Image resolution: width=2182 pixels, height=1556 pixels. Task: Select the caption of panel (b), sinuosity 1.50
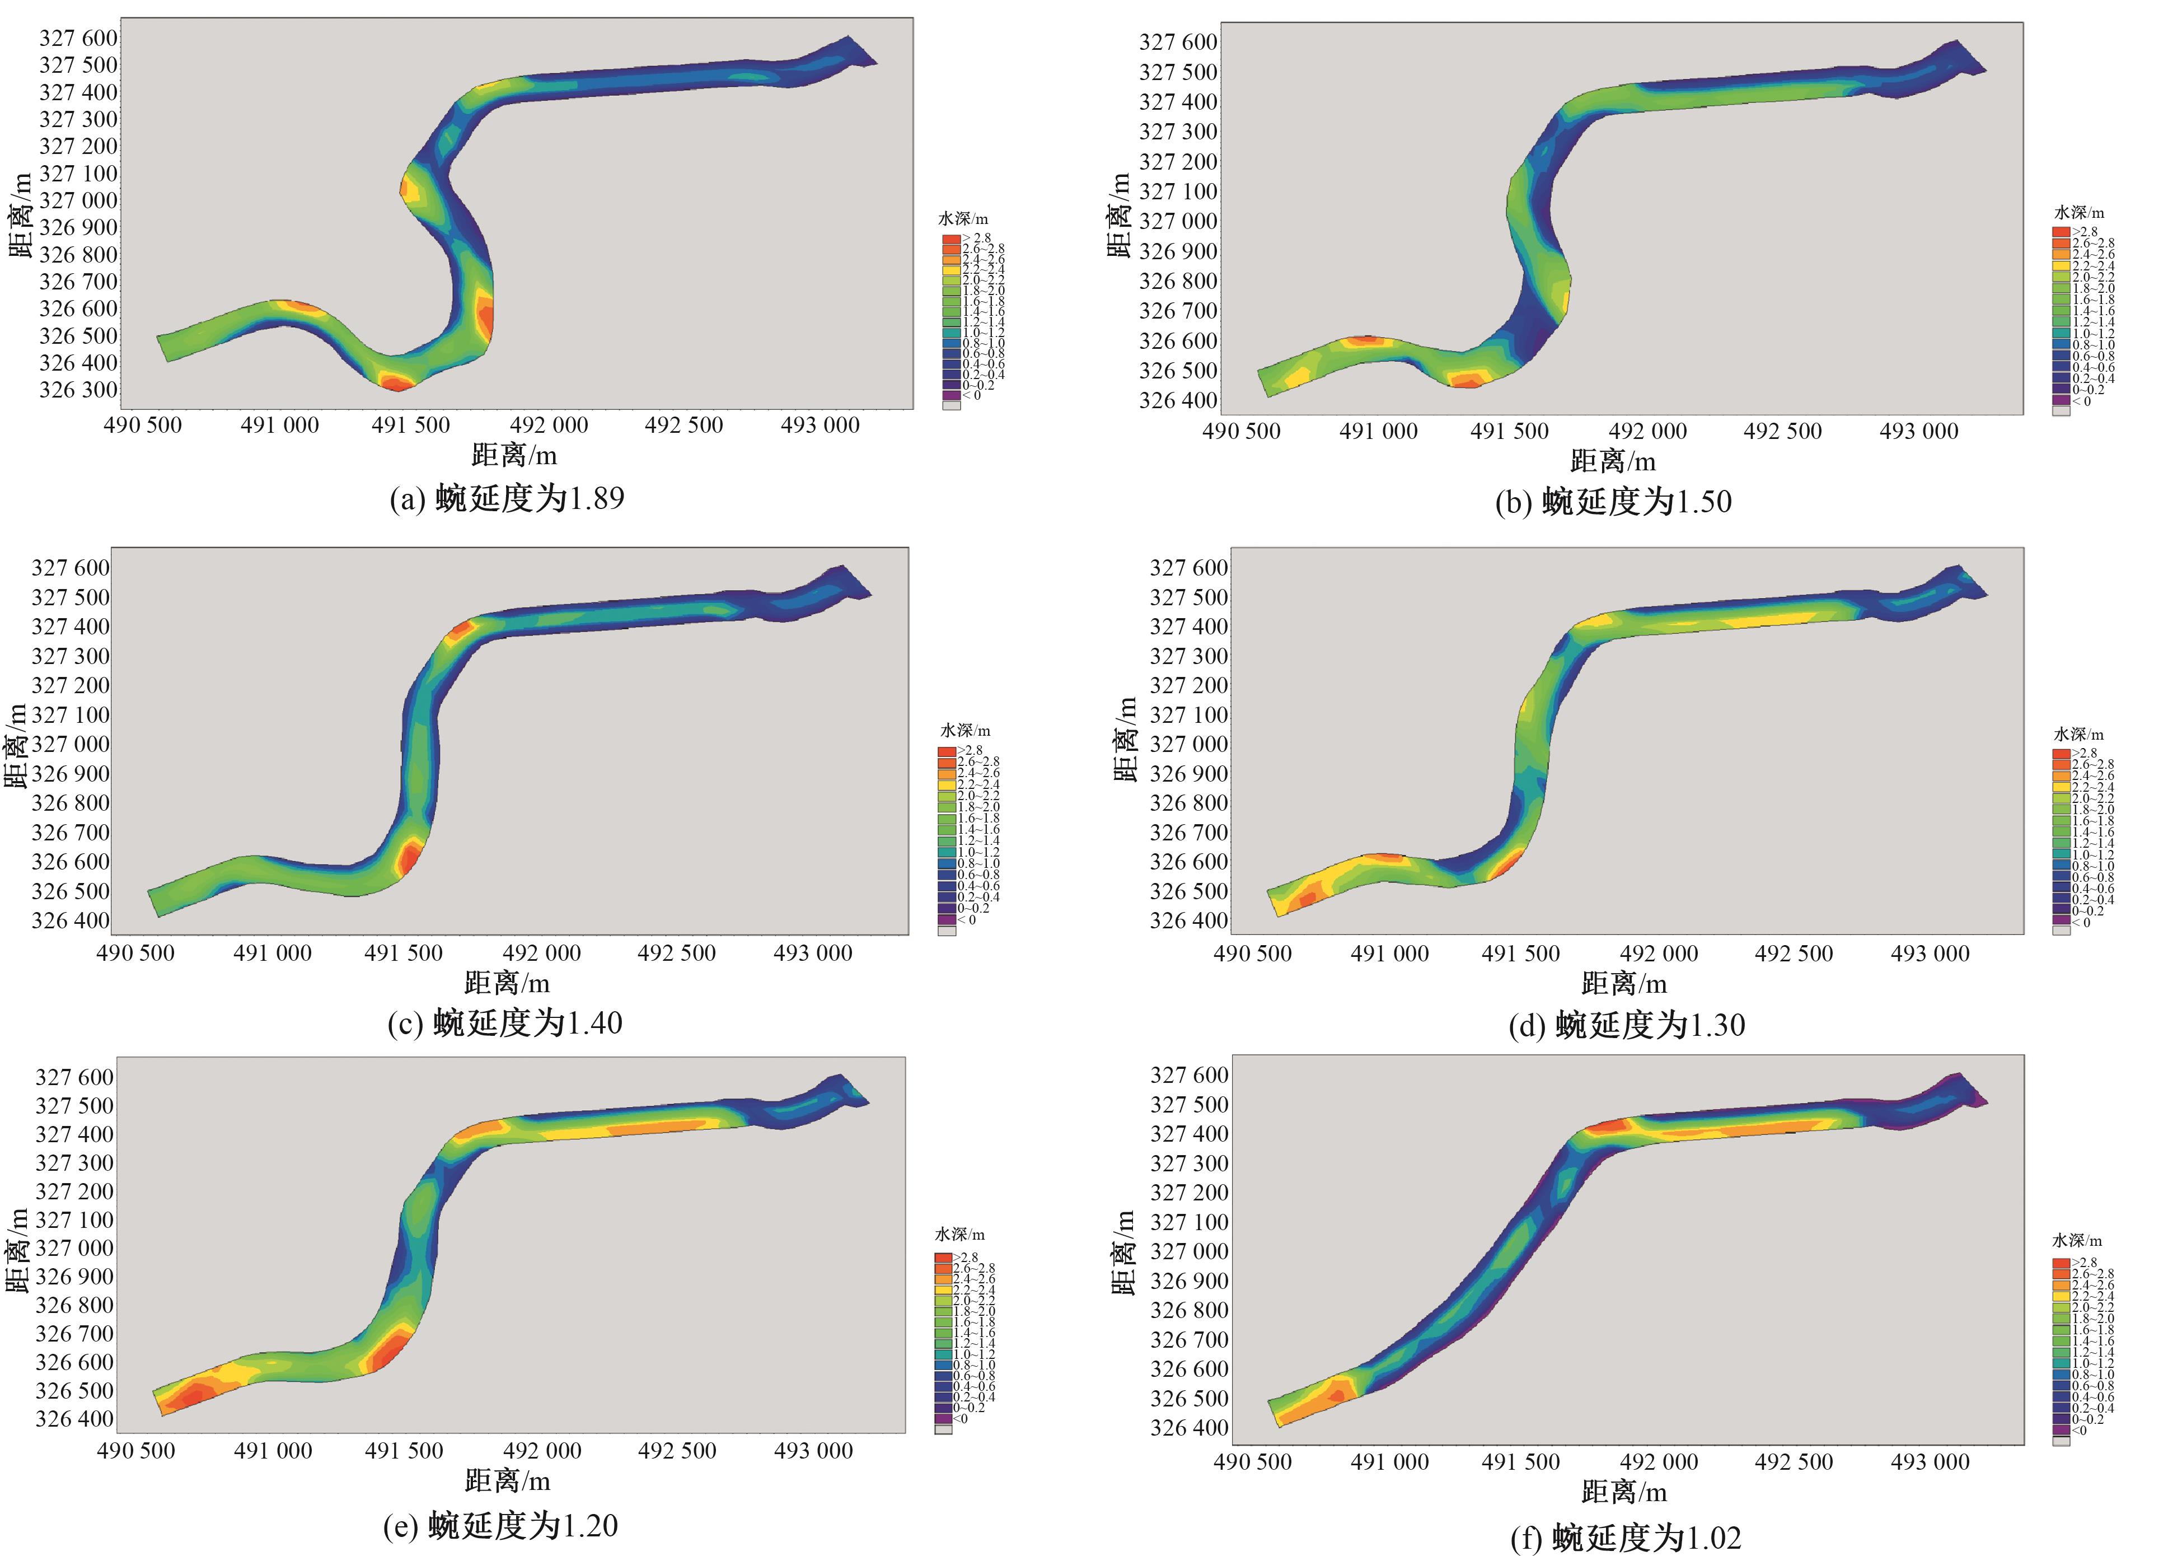pos(1613,502)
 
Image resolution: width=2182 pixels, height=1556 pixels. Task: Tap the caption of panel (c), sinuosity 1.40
pos(505,1024)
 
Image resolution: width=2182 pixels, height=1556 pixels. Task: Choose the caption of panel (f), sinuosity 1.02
pos(1626,1538)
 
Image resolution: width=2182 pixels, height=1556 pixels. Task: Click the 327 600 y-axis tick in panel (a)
pos(78,38)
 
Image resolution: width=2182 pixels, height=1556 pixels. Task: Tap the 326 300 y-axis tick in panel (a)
pos(78,390)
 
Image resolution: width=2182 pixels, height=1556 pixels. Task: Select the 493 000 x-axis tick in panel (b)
pos(1918,431)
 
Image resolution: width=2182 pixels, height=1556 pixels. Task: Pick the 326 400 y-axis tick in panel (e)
pos(74,1419)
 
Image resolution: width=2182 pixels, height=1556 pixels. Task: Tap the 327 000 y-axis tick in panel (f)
pos(1189,1251)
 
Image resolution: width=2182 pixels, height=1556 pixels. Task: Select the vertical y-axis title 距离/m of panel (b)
pos(1120,216)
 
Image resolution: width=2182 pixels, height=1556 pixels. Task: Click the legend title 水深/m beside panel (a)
pos(963,219)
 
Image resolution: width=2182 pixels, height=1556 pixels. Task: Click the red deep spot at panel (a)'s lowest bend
pos(395,382)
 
